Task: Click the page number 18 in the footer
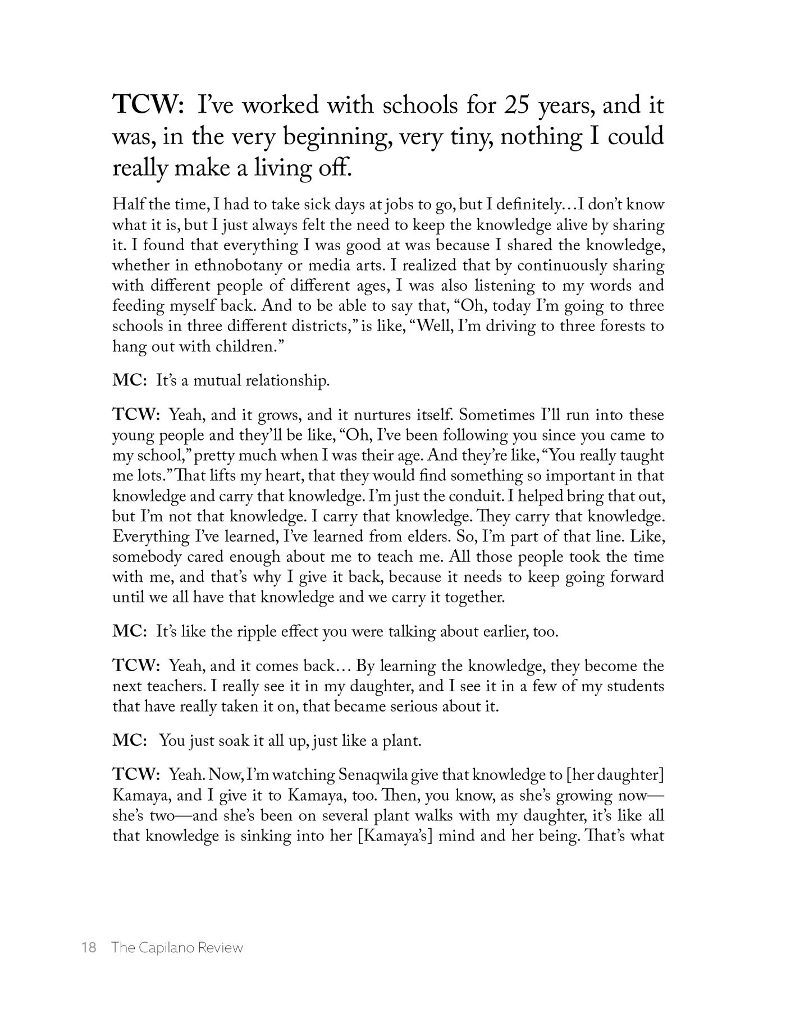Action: (x=89, y=948)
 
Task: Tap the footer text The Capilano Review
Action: (x=177, y=948)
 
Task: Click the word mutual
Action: (x=219, y=382)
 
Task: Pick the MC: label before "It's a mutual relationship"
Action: (x=130, y=382)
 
